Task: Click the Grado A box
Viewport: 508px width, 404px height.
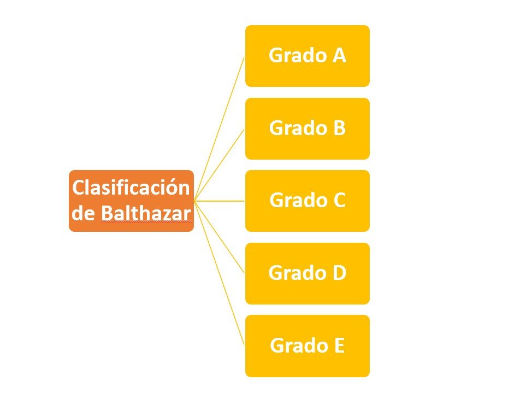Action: point(308,56)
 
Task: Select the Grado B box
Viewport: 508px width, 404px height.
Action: point(308,128)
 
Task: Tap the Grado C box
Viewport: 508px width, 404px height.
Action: point(308,201)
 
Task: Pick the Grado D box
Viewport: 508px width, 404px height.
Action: point(308,273)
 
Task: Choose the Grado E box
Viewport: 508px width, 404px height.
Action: point(308,346)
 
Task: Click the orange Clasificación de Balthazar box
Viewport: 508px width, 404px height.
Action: point(131,201)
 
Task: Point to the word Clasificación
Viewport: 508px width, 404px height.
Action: point(131,188)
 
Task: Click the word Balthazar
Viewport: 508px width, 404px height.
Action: point(146,213)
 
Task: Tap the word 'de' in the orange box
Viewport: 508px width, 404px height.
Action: point(82,213)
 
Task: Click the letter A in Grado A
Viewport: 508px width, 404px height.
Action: point(339,55)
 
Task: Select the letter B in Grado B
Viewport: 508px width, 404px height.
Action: point(339,128)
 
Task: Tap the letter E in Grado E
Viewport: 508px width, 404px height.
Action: point(339,345)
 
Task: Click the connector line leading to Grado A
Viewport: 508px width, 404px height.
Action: point(220,128)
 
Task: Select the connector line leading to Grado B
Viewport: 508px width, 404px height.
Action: point(220,165)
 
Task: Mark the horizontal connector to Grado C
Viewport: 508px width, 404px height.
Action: point(220,201)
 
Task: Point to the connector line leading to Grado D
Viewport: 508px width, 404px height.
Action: point(220,237)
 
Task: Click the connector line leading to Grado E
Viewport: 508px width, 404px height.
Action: point(220,273)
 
